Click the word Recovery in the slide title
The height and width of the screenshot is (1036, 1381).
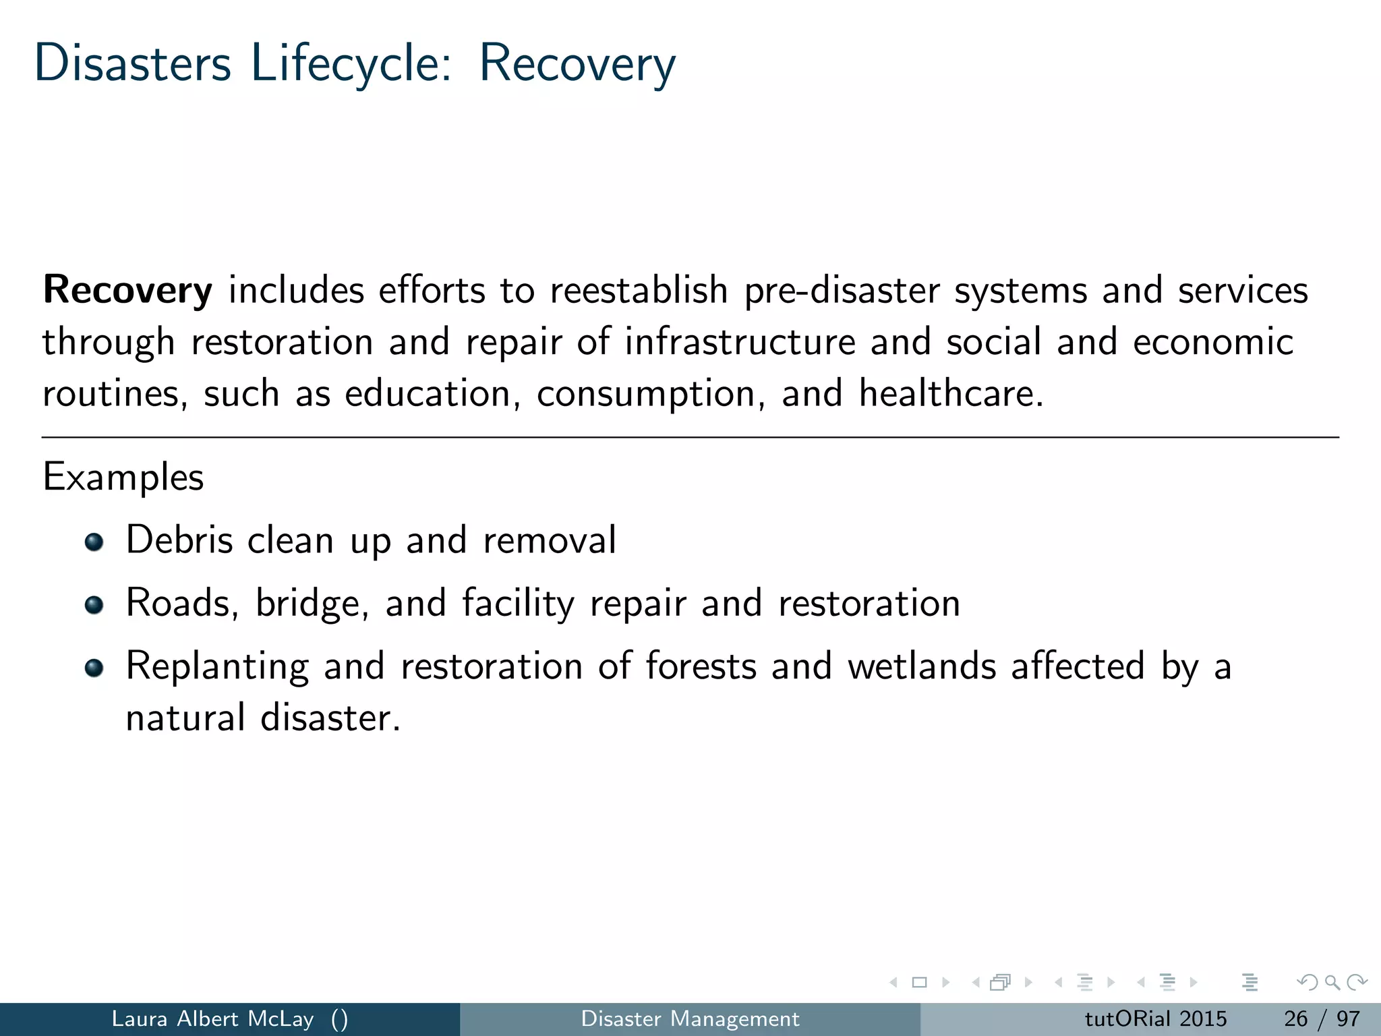[577, 64]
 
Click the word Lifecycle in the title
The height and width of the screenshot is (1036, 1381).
[351, 64]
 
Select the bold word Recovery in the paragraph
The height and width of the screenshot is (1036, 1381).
[127, 291]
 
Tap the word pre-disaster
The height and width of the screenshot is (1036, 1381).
[842, 291]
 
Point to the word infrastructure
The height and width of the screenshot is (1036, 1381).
[740, 342]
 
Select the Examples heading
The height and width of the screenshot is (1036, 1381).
[123, 478]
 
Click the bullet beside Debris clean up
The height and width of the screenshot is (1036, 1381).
[94, 542]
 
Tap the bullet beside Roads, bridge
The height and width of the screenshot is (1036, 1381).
[94, 605]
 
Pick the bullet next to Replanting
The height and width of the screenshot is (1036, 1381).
[94, 668]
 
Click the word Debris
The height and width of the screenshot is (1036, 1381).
[179, 540]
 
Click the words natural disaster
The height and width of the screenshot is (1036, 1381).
[263, 718]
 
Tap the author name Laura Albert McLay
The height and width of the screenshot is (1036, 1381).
[212, 1018]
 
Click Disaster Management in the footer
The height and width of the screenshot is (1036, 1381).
[690, 1018]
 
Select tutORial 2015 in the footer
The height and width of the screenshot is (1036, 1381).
[1155, 1018]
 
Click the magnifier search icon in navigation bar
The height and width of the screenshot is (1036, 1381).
[1332, 983]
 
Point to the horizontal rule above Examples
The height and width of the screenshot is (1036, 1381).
[690, 438]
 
